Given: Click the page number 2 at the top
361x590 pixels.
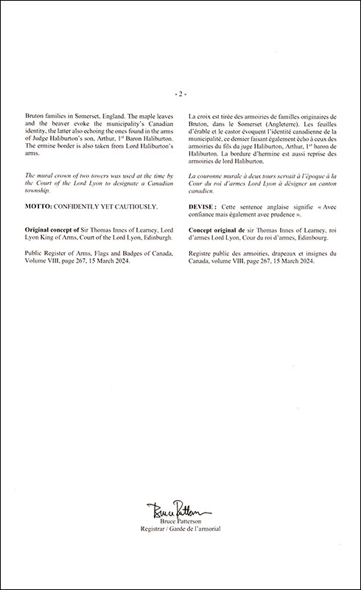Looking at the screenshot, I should click(x=180, y=94).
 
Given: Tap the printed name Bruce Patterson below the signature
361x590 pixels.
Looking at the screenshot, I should click(x=180, y=521).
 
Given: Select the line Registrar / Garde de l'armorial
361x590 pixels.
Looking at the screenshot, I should click(x=180, y=529).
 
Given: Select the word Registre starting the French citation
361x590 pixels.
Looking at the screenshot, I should click(x=203, y=253).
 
